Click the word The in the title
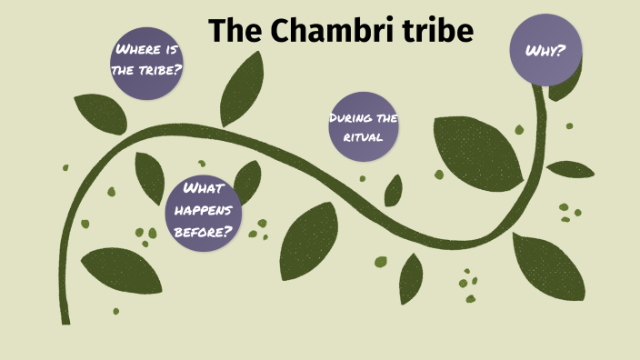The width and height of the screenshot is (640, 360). point(239,31)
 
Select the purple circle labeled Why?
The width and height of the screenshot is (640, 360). point(545,50)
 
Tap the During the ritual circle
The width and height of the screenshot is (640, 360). point(364,127)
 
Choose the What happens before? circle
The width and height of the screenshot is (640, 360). point(204,210)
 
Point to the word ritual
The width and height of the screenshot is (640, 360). point(364,138)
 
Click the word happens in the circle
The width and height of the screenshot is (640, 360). point(204,210)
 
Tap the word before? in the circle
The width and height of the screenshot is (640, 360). point(204,231)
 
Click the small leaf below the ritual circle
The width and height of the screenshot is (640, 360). point(393,191)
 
